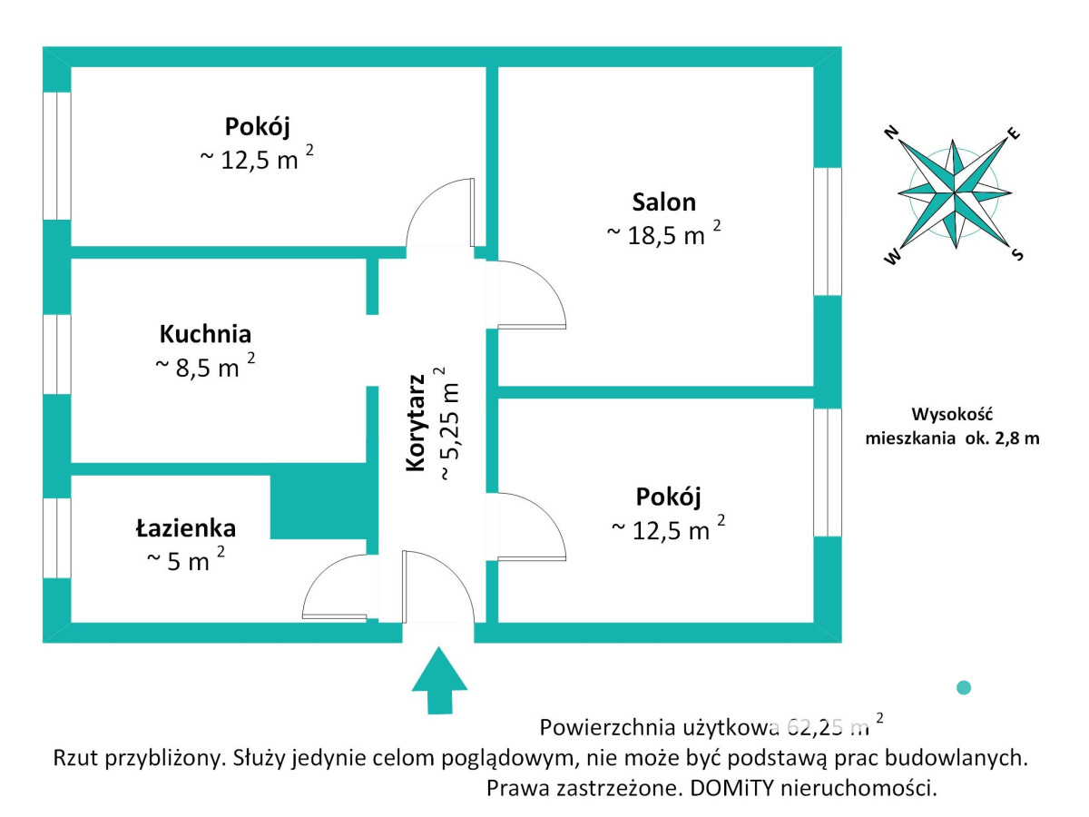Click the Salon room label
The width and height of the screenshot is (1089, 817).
point(664,202)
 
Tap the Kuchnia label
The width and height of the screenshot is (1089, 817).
point(205,334)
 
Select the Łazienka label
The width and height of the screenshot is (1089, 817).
point(186,527)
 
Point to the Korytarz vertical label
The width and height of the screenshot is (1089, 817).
point(417,422)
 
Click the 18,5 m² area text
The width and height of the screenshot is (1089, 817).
point(663,234)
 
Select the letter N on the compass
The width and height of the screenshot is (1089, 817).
point(892,133)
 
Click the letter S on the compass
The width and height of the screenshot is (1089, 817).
point(1017,256)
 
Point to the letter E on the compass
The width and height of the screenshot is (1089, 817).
point(1014,134)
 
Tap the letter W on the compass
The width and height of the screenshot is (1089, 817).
point(893,257)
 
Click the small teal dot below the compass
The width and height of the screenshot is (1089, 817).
point(964,688)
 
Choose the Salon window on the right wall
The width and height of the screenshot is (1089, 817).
point(827,231)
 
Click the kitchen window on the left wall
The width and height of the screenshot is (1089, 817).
point(57,354)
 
